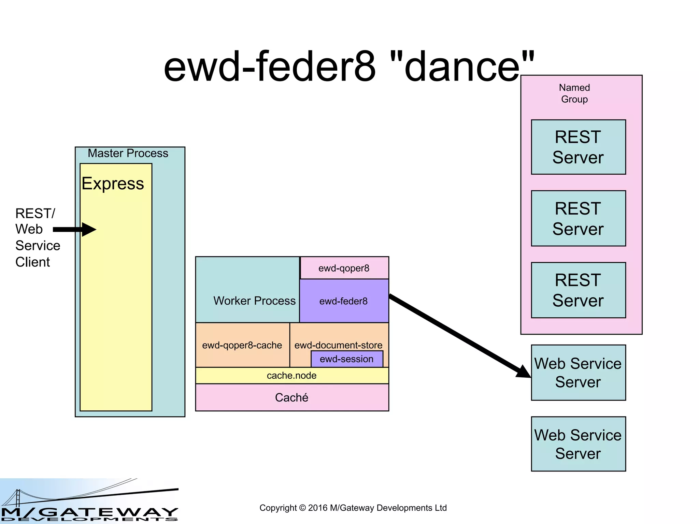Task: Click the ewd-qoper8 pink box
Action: pos(344,268)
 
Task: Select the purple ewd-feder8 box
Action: pos(344,301)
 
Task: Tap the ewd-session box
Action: pos(347,359)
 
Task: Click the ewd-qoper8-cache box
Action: pos(242,345)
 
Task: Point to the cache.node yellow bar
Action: pos(292,376)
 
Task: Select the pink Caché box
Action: pos(292,397)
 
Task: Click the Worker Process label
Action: pos(254,301)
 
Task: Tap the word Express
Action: pos(113,184)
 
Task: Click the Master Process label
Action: pos(128,154)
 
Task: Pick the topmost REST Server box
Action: pos(578,147)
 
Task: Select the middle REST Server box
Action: pos(578,218)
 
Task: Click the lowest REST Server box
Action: pos(578,290)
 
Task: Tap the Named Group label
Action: pos(574,93)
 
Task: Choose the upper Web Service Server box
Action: pos(578,373)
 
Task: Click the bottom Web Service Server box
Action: pos(578,444)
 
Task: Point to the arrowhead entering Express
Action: pos(89,230)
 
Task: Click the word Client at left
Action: pos(33,262)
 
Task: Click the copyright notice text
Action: pos(353,508)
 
